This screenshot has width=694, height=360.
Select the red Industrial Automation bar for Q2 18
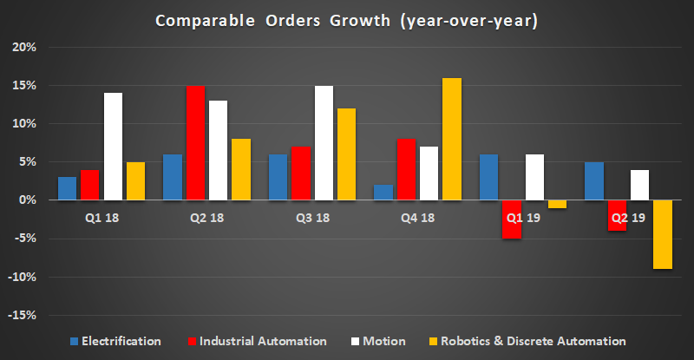tap(196, 143)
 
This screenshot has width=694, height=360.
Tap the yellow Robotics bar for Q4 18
tap(451, 139)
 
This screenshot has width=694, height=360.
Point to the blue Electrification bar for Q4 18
tap(383, 193)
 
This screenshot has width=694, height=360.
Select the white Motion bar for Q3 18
tap(323, 143)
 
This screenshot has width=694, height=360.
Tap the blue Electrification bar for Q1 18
tap(91, 188)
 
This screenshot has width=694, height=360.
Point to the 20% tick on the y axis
tap(23, 48)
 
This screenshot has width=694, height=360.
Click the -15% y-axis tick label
tap(21, 315)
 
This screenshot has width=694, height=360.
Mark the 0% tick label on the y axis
tap(25, 200)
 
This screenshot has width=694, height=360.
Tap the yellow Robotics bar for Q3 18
tap(345, 154)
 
